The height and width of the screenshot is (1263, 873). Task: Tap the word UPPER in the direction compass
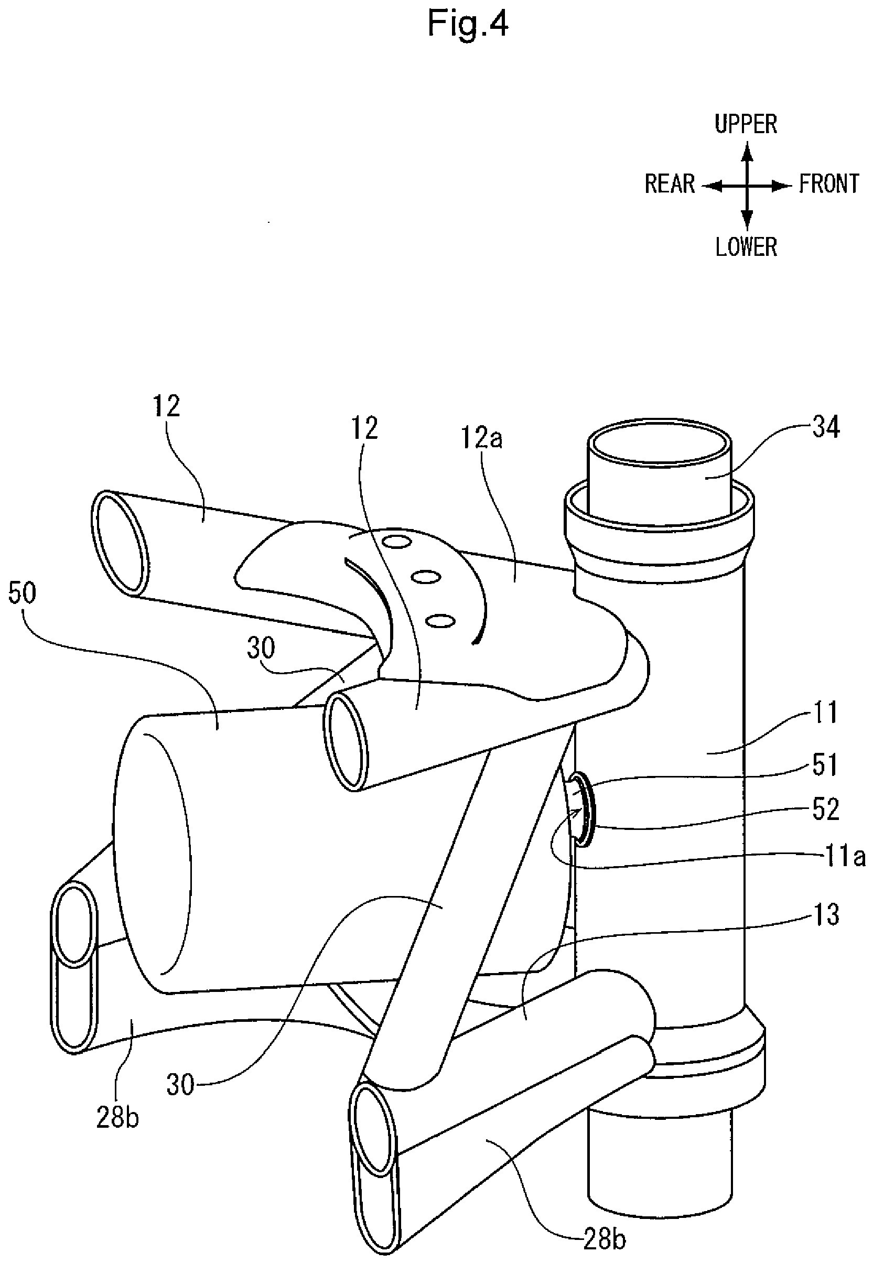pos(746,125)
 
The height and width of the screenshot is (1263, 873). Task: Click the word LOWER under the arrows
pos(746,247)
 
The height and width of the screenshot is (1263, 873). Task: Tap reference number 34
pos(826,428)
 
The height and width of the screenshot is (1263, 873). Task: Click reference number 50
pos(23,593)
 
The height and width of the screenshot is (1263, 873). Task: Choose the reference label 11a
pos(846,858)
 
